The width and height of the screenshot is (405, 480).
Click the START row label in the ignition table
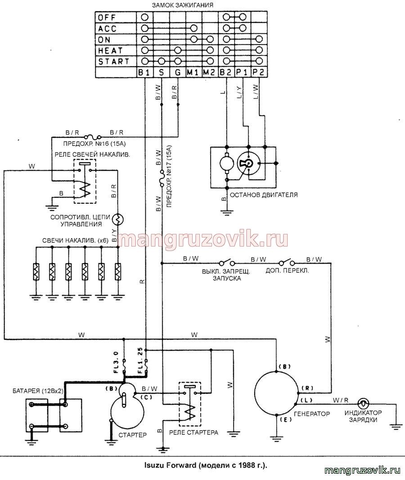point(114,62)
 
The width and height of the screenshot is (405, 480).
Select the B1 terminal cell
point(144,72)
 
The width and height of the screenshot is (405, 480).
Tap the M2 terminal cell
point(209,72)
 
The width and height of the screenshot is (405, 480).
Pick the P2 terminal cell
point(259,72)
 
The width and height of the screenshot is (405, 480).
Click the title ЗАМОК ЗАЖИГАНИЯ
point(183,5)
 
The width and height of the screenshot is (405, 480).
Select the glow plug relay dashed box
point(85,181)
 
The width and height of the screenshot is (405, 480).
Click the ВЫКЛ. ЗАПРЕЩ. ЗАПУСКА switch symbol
point(227,263)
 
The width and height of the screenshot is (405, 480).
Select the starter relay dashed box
point(190,404)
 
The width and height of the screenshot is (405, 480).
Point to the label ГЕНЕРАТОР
point(312,414)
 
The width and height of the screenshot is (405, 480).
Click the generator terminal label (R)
point(307,388)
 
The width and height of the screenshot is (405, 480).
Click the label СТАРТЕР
point(132,434)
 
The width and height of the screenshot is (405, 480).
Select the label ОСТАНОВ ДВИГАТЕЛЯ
point(264,195)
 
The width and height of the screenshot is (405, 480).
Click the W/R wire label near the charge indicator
point(341,400)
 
